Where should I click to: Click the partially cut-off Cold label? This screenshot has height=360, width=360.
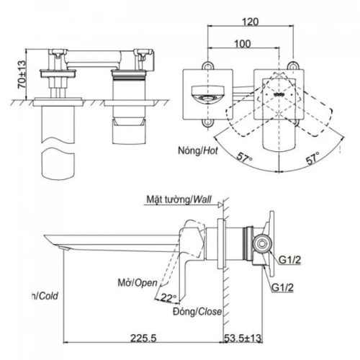(45, 295)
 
